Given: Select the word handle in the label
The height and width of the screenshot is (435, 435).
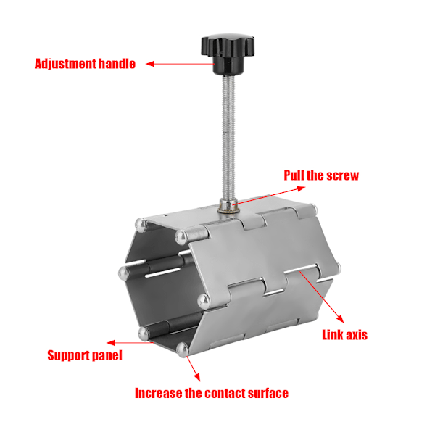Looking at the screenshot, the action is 117,64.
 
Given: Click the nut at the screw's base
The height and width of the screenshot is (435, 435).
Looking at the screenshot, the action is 228,206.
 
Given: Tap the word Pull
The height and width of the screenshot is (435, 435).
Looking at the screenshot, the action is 294,175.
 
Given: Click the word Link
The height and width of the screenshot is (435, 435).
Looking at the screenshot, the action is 332,334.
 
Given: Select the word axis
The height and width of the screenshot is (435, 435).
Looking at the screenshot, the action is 356,335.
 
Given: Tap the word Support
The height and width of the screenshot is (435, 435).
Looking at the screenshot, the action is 68,356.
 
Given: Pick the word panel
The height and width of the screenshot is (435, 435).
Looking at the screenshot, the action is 107,355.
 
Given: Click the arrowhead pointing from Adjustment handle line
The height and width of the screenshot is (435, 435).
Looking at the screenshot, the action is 150,64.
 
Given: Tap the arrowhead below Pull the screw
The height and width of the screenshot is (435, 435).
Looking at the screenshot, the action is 302,188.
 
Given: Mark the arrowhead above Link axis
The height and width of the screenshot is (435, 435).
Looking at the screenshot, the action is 341,319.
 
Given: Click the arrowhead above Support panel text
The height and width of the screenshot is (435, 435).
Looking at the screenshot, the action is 111,343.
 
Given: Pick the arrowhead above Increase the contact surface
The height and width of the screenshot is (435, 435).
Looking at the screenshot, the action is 197,377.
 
